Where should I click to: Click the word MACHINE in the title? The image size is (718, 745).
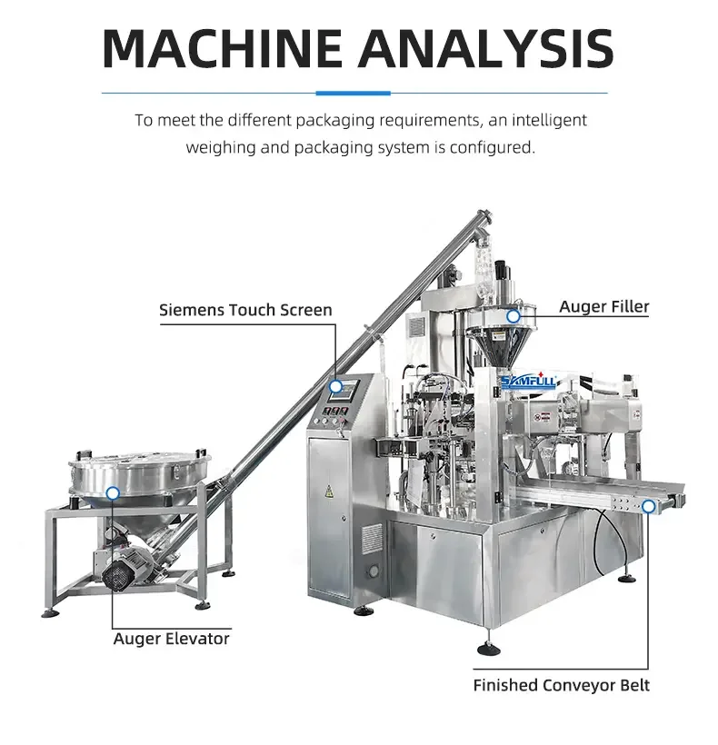pos(222,48)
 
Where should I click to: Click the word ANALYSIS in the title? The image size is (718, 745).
pos(486,48)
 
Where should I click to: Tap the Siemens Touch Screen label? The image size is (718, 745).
pos(245,310)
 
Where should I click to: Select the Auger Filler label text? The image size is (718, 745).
pos(604,306)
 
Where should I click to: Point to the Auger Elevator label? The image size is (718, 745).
pos(172,639)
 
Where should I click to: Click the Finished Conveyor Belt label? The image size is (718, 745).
pos(561,685)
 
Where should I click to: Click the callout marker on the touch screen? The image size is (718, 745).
pos(336,387)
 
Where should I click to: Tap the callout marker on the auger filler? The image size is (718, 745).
pos(514,316)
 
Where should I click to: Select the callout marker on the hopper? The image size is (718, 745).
pos(113,493)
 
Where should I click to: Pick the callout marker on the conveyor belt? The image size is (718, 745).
pos(648,506)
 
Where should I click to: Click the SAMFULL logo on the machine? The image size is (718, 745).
pos(529,381)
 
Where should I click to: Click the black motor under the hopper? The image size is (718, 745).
pos(115,576)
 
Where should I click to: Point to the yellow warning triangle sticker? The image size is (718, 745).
pos(328,491)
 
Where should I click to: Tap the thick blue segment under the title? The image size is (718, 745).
pos(353,93)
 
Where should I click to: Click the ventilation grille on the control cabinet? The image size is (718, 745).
pos(371,539)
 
